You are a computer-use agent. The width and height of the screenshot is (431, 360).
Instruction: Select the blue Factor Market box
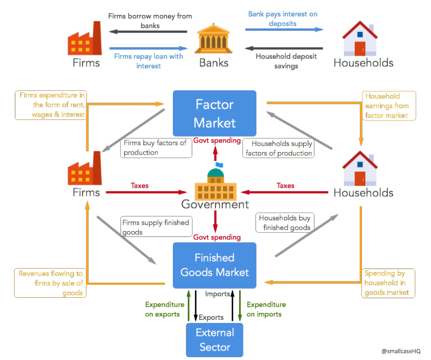214,113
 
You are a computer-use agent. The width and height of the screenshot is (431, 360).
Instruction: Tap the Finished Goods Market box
214,265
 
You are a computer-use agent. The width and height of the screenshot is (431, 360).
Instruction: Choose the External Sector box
214,340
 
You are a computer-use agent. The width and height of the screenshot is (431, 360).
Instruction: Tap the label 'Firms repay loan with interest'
148,61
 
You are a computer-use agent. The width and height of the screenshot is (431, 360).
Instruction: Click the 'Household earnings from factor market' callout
388,106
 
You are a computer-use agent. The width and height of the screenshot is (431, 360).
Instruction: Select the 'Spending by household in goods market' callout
388,283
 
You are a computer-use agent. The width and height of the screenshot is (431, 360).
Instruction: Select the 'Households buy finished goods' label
284,223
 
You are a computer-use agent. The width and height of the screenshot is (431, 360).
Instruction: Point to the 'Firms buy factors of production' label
154,147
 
